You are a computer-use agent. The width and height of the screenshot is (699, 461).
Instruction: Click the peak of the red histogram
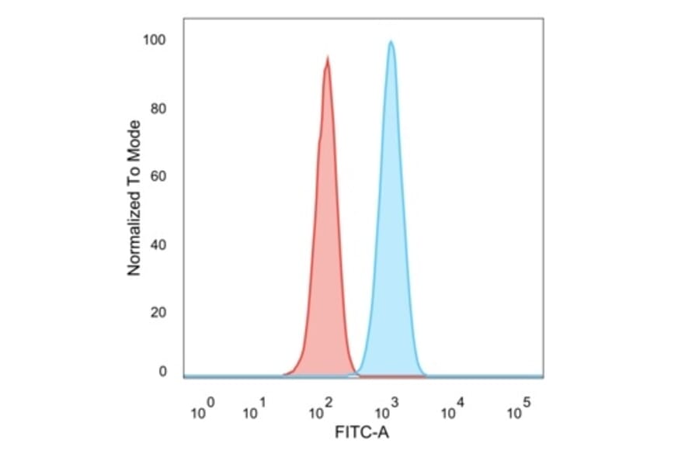coord(328,58)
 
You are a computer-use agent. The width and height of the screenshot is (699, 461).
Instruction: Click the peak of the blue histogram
coord(391,42)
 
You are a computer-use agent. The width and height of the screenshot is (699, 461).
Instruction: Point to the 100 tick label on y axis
coord(155,40)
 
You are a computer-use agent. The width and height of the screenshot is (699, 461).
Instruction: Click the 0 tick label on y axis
coord(163,372)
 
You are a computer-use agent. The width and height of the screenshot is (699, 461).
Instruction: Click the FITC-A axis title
coord(362,432)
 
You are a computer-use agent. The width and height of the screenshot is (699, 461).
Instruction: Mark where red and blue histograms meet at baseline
coord(354,375)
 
